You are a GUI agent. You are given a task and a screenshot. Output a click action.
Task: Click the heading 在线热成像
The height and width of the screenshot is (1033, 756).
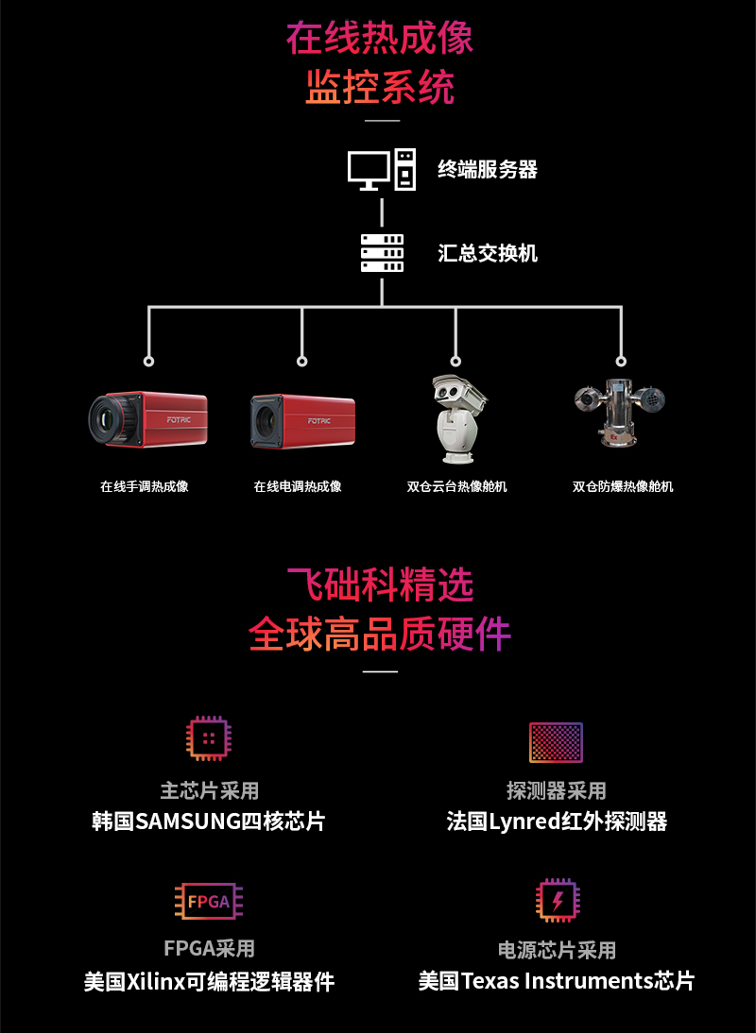point(379,39)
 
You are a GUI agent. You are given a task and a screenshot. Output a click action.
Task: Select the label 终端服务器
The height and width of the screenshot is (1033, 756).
point(488,170)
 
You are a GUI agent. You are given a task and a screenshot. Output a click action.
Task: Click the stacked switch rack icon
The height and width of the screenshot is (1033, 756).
point(382,253)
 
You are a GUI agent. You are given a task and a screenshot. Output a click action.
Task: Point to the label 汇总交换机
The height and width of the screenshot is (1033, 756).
point(488,253)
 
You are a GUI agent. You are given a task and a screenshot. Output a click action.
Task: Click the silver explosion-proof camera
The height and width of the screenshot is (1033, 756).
point(619,412)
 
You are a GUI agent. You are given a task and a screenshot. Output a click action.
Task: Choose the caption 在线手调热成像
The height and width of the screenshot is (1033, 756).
point(145,487)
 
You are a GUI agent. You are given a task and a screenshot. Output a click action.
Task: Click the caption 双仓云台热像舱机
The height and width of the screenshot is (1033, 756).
point(457,487)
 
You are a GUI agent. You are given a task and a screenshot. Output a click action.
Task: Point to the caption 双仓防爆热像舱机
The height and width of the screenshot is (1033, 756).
point(623,487)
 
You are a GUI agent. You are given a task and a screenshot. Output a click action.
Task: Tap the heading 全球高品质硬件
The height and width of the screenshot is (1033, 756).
point(379,634)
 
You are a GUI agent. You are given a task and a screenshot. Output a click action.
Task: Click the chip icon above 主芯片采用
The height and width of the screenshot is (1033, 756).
point(209,738)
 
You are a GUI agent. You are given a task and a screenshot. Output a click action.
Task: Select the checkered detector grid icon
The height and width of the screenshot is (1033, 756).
point(556,742)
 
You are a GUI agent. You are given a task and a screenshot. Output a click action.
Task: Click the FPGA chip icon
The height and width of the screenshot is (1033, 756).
point(209,901)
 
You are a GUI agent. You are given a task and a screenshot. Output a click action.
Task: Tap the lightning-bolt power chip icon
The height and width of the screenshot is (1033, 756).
point(557,901)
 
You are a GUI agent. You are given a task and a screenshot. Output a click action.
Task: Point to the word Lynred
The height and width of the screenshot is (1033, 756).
point(526,821)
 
